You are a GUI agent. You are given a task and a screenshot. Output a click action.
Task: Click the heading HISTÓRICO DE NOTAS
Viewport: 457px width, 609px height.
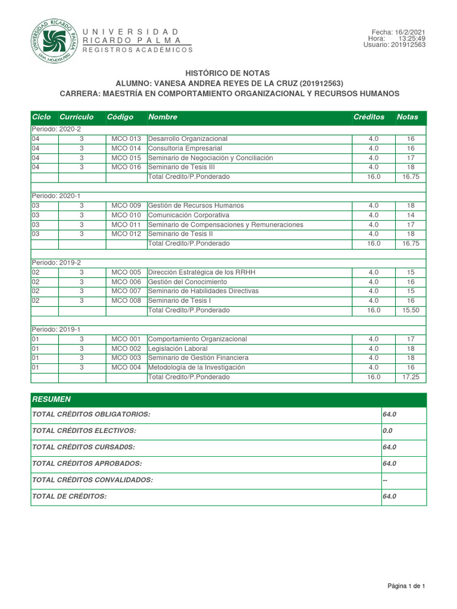(x=230, y=73)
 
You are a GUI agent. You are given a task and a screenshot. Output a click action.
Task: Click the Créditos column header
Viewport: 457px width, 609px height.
(x=369, y=117)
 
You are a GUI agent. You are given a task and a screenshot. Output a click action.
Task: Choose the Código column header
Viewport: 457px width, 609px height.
(x=120, y=117)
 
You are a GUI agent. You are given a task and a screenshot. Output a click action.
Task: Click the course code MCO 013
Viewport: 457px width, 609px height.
(x=126, y=139)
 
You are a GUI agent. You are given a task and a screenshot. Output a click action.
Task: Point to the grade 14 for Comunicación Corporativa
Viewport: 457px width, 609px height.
(x=411, y=215)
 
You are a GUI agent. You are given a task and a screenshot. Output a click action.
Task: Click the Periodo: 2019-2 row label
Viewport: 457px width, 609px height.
(x=56, y=262)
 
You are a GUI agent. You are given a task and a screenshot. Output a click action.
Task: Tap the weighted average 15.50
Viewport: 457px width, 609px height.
(x=411, y=310)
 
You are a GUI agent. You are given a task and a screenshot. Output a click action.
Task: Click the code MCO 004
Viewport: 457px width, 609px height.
(x=126, y=368)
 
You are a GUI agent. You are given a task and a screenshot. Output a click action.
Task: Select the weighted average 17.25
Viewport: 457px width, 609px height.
(x=411, y=377)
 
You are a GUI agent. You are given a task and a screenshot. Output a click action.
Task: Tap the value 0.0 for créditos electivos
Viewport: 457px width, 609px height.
(x=388, y=431)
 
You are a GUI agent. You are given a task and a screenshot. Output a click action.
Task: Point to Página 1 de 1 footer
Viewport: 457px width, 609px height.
(x=406, y=587)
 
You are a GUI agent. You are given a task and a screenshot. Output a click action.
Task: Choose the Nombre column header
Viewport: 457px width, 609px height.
(x=162, y=117)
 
